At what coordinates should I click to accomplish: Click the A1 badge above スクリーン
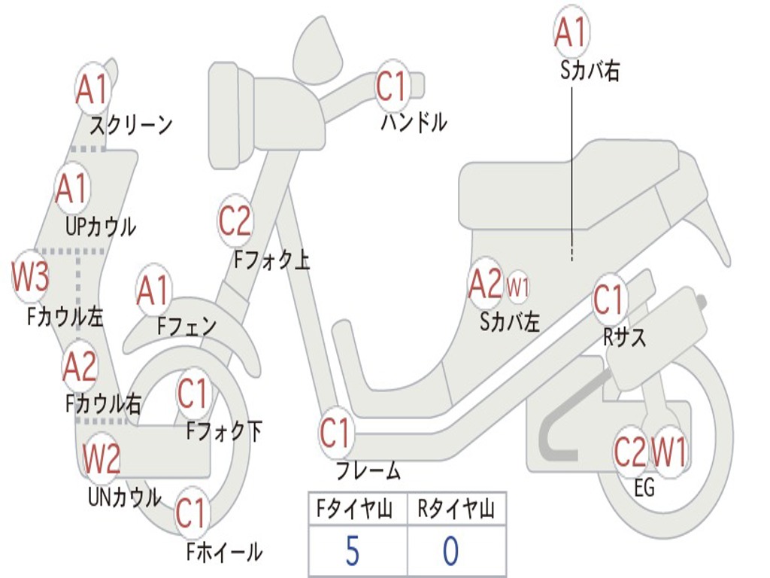coord(93,90)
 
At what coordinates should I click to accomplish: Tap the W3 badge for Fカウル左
coord(31,278)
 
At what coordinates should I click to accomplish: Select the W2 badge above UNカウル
coord(102,458)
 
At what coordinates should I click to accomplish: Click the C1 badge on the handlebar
coord(391,87)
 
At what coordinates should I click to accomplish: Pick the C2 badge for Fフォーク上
coord(235,221)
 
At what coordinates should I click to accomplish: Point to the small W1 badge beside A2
coord(518,286)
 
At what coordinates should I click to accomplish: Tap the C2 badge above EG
coord(630,452)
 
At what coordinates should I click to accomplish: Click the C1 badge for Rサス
coord(609,300)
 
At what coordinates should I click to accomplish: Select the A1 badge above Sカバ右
coord(570,32)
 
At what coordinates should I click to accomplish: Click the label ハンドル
coord(414,122)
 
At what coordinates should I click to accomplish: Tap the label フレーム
coord(368,472)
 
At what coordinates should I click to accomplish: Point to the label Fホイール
coord(224,552)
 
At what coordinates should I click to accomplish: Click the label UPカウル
coord(100,226)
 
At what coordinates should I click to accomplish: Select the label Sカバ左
coord(510,322)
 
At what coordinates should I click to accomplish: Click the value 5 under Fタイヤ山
coord(352,552)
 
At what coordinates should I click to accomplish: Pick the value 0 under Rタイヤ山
coord(450,552)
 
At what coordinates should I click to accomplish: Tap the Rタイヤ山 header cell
coord(456,510)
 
